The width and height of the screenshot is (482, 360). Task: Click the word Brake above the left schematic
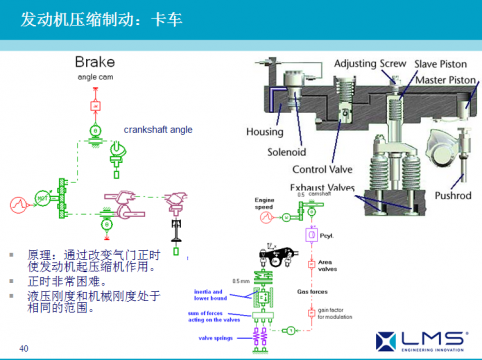(x=102, y=61)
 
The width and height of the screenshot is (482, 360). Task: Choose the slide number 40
(x=24, y=347)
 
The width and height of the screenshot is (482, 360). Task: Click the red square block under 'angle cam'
(x=94, y=104)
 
